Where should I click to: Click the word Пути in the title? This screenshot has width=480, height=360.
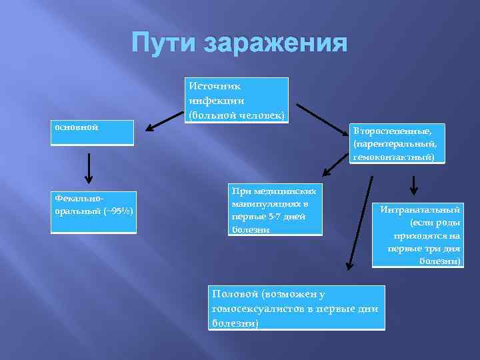[x=163, y=43]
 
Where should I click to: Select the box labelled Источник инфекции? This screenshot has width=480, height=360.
[x=237, y=100]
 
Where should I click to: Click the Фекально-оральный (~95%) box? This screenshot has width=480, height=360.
[x=93, y=212]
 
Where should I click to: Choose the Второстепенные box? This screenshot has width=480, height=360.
[x=396, y=143]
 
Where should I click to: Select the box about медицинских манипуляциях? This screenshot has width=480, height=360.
[x=275, y=209]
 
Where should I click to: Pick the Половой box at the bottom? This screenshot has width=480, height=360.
[x=297, y=307]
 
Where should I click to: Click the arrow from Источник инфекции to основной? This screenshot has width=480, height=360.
[x=164, y=121]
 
